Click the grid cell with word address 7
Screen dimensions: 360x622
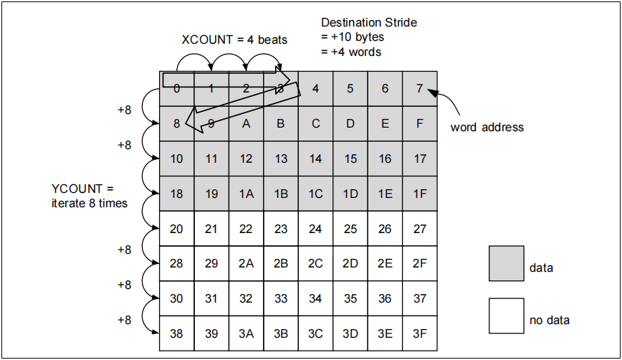pos(419,89)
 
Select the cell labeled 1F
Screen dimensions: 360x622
pos(419,194)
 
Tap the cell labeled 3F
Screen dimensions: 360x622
pos(419,333)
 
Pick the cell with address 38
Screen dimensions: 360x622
pos(176,333)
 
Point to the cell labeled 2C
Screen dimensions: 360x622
pos(315,263)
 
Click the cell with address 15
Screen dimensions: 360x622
pos(350,158)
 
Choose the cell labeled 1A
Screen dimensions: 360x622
pos(246,194)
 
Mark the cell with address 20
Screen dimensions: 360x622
pos(176,229)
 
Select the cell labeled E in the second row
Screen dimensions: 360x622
pos(385,123)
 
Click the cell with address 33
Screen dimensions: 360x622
pos(280,298)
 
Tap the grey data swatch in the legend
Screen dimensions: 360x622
pos(507,263)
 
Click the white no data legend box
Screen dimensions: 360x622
pos(507,316)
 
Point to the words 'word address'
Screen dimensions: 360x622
pos(487,128)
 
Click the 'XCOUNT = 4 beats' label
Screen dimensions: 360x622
pos(234,39)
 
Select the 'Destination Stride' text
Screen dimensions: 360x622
pos(368,23)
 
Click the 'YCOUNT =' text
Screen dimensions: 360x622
pos(82,189)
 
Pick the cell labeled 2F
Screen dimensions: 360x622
pos(419,263)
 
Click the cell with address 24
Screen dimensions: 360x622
pos(315,229)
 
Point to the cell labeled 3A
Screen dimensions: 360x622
pos(246,333)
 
